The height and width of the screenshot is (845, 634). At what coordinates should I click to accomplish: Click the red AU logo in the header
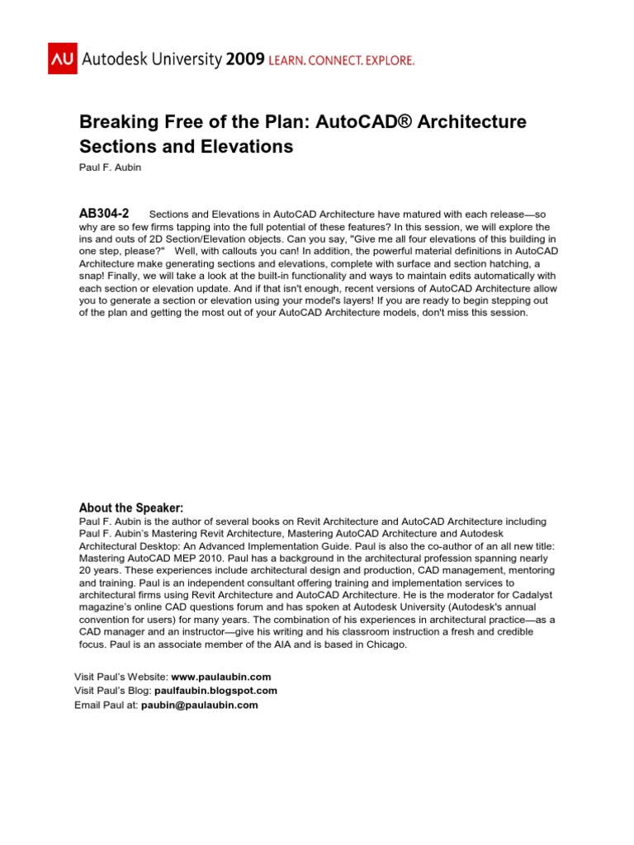pyautogui.click(x=63, y=59)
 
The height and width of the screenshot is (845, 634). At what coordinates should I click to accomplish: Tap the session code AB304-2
pyautogui.click(x=104, y=213)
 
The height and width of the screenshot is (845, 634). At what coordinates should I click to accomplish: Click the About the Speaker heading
pyautogui.click(x=130, y=507)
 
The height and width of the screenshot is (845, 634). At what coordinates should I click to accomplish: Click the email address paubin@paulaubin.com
pyautogui.click(x=199, y=705)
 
